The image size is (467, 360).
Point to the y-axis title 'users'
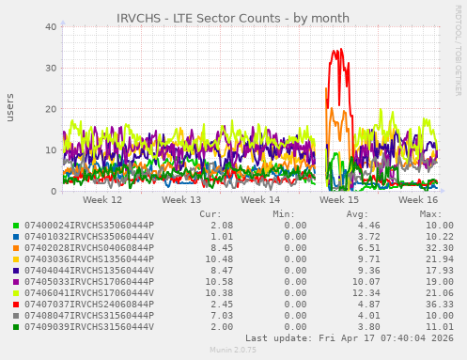pyautogui.click(x=11, y=107)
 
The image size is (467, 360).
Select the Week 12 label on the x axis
pyautogui.click(x=102, y=200)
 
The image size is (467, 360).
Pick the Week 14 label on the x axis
pyautogui.click(x=260, y=200)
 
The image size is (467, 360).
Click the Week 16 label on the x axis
pyautogui.click(x=418, y=200)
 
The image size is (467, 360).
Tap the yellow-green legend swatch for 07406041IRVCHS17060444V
pyautogui.click(x=15, y=293)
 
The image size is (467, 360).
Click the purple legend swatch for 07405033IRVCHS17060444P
pyautogui.click(x=15, y=282)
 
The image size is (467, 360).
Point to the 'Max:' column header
pyautogui.click(x=430, y=214)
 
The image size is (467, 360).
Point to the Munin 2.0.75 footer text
pyautogui.click(x=232, y=351)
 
